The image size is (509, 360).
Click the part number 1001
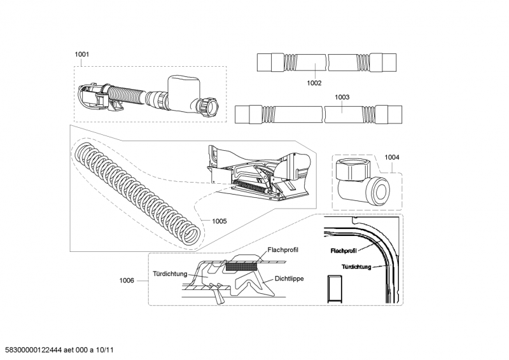(x=81, y=55)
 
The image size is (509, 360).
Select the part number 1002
(x=314, y=83)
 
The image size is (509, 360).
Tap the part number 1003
(x=342, y=97)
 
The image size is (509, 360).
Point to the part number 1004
(x=392, y=157)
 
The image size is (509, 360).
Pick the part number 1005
(x=220, y=222)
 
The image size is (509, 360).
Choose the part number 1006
(x=127, y=280)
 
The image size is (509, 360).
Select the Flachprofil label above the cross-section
(x=284, y=251)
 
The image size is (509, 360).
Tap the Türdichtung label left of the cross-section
(x=170, y=274)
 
